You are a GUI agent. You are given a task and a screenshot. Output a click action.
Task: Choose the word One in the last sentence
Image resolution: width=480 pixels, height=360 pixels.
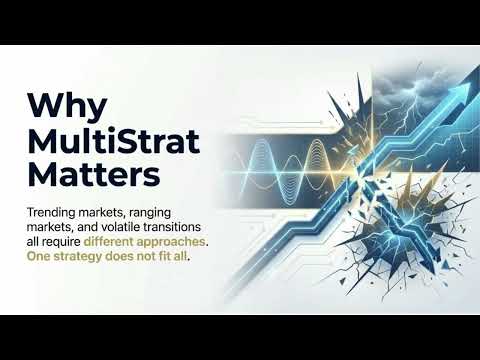[41, 258]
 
